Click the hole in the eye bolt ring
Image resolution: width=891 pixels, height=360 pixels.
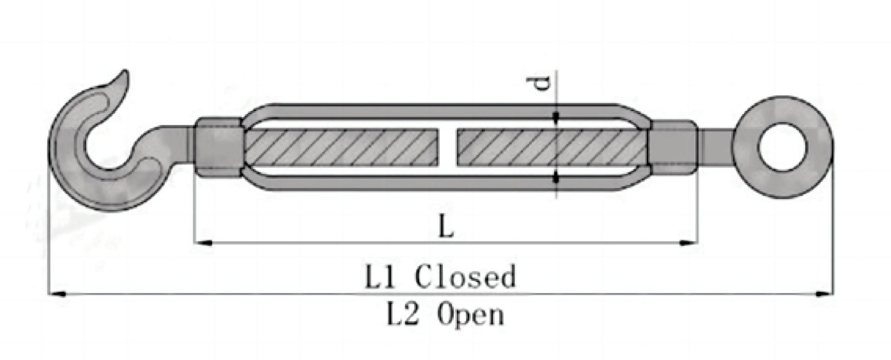click(782, 148)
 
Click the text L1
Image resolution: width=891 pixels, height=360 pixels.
click(381, 277)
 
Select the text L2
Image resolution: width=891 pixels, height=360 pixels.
click(404, 314)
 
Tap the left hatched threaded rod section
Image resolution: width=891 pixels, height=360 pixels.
click(341, 148)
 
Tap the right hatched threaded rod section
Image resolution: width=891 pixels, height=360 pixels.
click(552, 148)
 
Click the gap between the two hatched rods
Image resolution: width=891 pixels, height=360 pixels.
click(447, 148)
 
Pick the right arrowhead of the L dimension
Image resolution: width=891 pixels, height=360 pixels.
click(688, 242)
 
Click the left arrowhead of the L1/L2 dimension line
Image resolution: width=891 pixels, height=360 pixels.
click(58, 294)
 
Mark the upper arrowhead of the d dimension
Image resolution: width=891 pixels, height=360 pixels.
click(556, 119)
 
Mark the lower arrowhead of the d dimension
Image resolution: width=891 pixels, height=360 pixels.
click(556, 177)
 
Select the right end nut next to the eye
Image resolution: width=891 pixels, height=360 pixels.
click(672, 147)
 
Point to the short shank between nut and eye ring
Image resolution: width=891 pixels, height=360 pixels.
click(715, 147)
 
